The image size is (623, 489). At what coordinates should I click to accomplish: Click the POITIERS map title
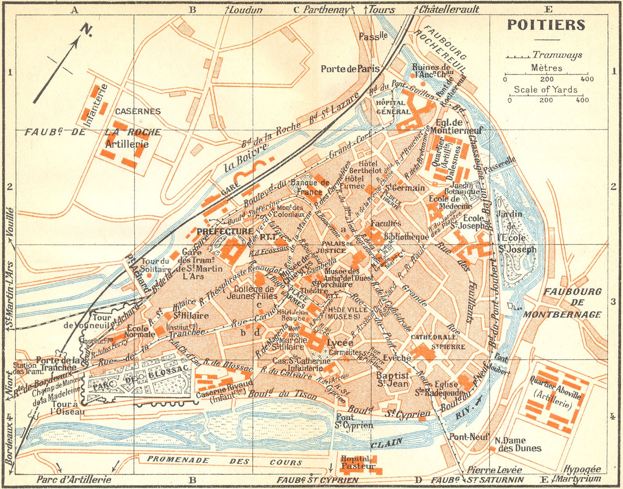pos(546,25)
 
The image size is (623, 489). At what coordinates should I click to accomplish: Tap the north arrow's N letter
pos(86,30)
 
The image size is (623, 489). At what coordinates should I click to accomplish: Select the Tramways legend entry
pos(557,55)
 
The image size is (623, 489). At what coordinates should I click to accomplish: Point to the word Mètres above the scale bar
pos(546,68)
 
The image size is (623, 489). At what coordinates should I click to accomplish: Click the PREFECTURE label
pos(225,231)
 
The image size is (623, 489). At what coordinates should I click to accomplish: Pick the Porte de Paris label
pos(350,69)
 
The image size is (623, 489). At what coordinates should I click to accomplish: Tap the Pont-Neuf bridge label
pos(468,436)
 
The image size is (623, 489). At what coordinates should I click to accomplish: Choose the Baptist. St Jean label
pos(392,379)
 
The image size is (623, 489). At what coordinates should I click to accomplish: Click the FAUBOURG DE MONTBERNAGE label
pos(567,303)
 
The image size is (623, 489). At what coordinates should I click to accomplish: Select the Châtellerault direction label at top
pos(449,9)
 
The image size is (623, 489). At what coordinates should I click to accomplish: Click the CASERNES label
pos(137,111)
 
